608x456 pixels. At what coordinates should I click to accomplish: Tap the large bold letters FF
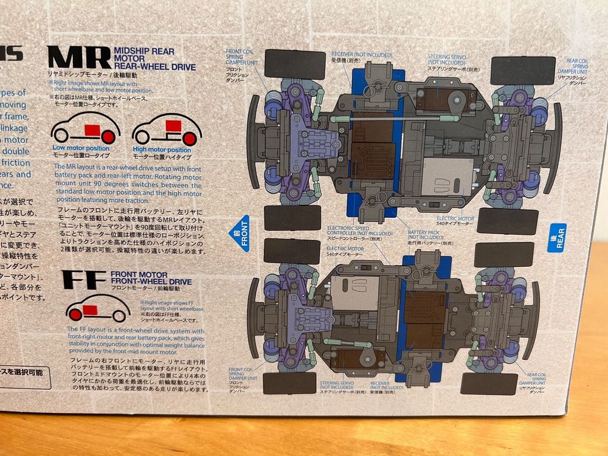tap(85, 280)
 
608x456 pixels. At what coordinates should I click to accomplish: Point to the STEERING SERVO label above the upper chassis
tap(447, 60)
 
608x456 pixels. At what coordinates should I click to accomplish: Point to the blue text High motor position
tap(162, 150)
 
